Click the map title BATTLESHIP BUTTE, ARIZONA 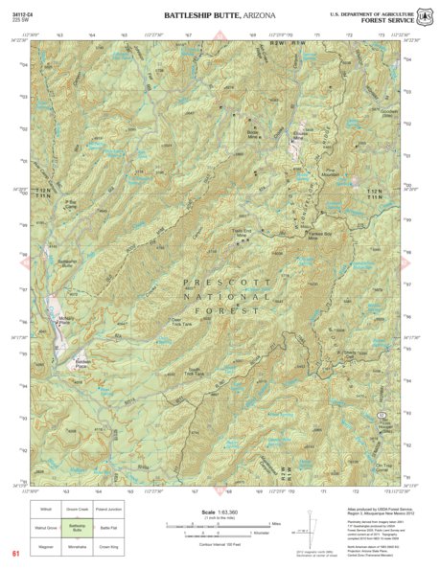pyautogui.click(x=220, y=16)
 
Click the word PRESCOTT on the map pyautogui.click(x=221, y=282)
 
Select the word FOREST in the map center pyautogui.click(x=221, y=310)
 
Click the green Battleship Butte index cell pyautogui.click(x=78, y=527)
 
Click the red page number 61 pyautogui.click(x=15, y=553)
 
